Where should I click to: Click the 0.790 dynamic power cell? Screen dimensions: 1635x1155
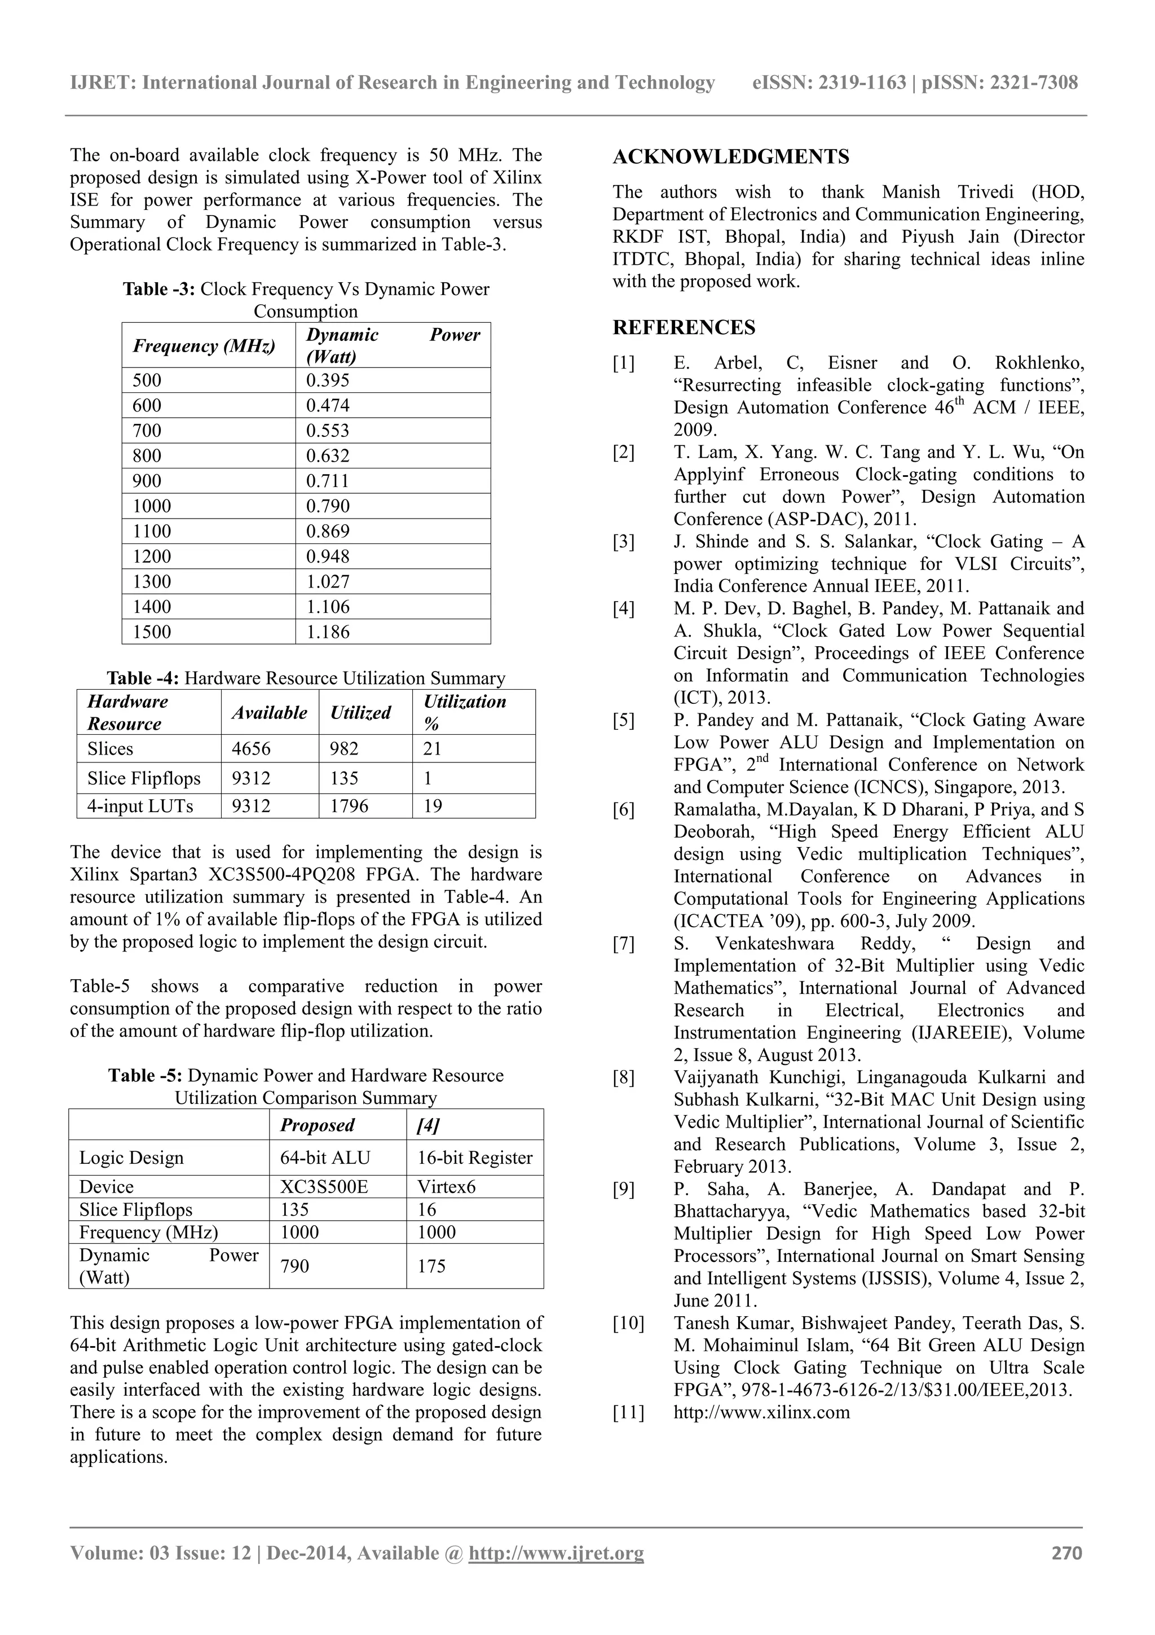[x=328, y=506]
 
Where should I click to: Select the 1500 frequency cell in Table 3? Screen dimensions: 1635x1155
[x=152, y=632]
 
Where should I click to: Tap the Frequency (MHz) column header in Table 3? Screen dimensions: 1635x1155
[x=204, y=346]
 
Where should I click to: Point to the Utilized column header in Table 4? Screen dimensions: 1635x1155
[x=360, y=713]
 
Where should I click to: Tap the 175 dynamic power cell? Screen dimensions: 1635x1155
[x=431, y=1266]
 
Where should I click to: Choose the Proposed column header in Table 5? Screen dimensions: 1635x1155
[x=318, y=1125]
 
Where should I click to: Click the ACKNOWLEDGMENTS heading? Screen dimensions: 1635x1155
[x=731, y=157]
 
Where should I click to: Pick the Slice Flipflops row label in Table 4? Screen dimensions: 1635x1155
[x=144, y=778]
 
